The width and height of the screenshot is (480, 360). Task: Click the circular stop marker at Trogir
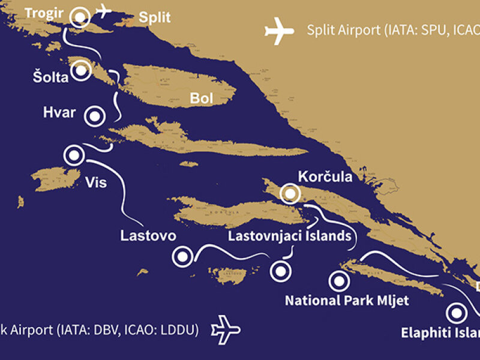coord(80,17)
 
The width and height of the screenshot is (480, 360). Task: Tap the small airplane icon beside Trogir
coord(104,11)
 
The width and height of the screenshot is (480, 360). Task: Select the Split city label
coord(154,17)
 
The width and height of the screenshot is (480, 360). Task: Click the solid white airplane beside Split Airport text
coord(280,31)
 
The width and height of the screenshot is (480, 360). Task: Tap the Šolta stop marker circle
coord(80,71)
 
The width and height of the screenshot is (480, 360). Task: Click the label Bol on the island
coord(202,98)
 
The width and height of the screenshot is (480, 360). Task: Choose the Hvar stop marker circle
coord(95,116)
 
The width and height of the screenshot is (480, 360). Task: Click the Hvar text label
coord(60,112)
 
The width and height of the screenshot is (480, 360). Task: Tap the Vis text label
coord(97,182)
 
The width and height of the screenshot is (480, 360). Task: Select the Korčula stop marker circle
coord(290,193)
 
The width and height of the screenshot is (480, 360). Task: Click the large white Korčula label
coord(325,177)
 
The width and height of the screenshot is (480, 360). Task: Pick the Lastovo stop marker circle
coord(182,257)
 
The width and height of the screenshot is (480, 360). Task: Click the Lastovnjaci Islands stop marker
coord(280,271)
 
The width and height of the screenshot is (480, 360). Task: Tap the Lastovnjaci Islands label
coord(289,236)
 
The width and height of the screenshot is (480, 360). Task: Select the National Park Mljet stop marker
coord(339,280)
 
